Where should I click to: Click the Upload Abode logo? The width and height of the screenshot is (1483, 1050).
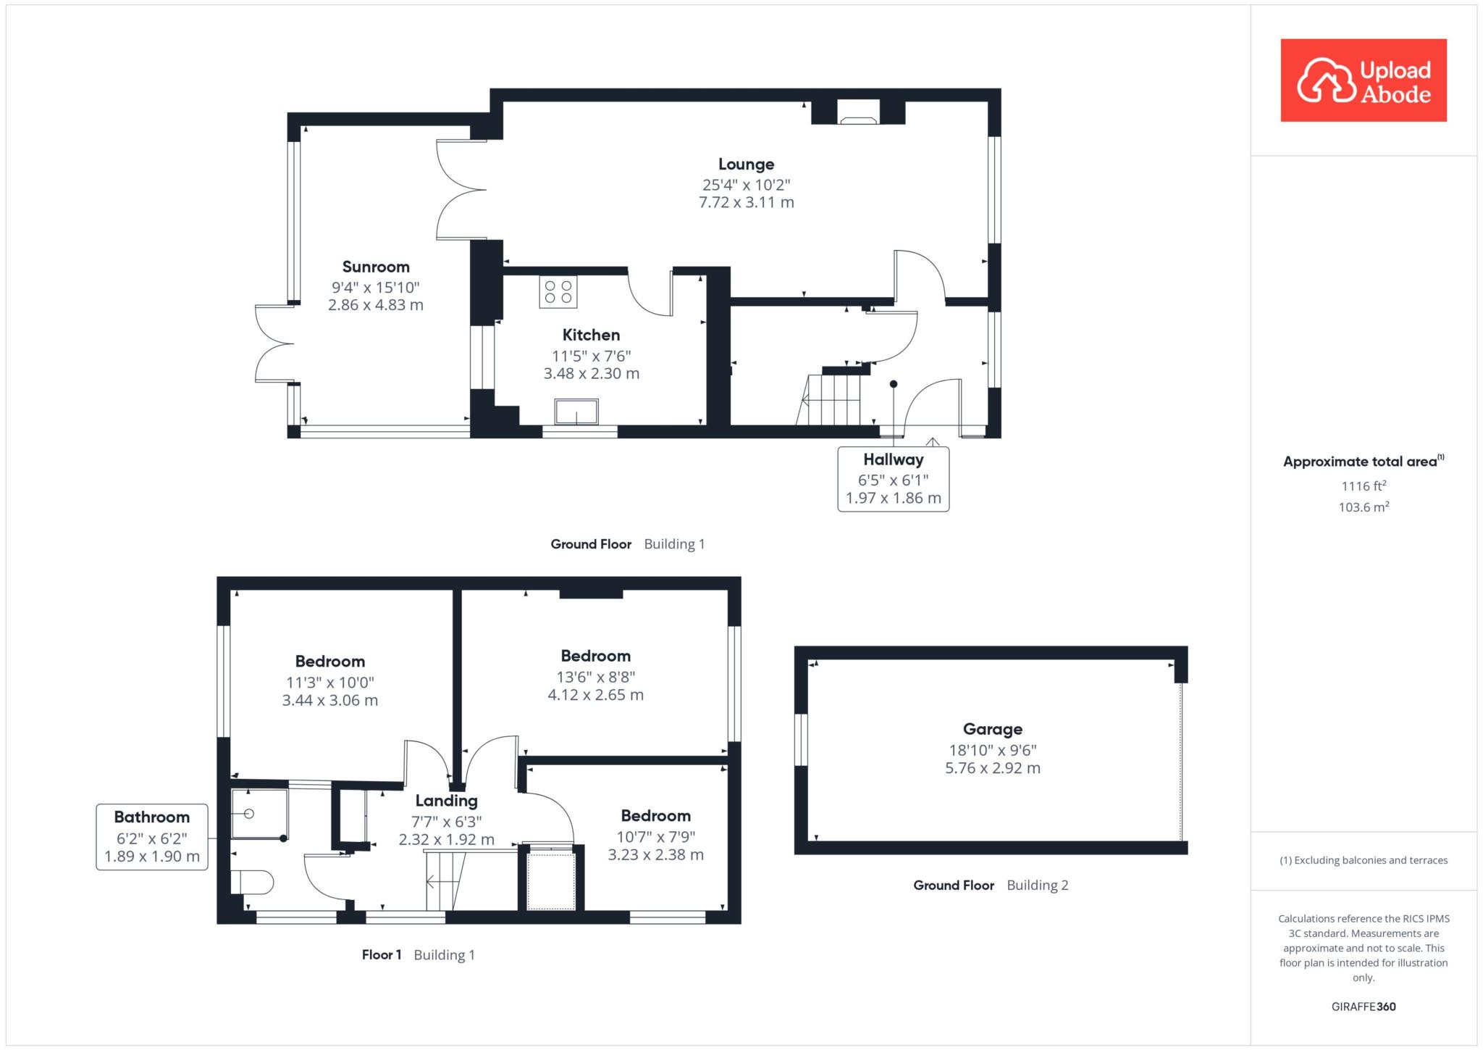(1364, 80)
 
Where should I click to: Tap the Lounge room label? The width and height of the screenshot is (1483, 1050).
(746, 164)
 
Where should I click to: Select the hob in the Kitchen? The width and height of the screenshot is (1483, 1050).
(558, 292)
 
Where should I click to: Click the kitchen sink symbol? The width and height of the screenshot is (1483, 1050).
(576, 412)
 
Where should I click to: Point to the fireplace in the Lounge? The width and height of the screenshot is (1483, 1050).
(858, 112)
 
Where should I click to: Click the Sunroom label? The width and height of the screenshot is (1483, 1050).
(376, 267)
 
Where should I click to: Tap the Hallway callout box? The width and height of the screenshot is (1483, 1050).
(893, 479)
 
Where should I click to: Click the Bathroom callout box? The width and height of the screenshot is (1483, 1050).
(152, 837)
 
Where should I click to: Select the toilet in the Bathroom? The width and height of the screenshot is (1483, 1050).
(252, 882)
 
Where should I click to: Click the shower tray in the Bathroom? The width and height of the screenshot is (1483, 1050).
(259, 814)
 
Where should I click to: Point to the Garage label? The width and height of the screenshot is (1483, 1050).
(992, 729)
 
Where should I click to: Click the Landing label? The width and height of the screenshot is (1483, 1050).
(446, 801)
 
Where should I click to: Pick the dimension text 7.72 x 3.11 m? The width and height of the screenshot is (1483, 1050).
(746, 202)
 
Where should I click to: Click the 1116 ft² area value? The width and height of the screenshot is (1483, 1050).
(1364, 486)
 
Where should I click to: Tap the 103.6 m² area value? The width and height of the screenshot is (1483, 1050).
(1364, 507)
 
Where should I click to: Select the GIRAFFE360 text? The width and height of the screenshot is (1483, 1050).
(1364, 1006)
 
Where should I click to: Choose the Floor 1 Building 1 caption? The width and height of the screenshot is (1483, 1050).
(418, 954)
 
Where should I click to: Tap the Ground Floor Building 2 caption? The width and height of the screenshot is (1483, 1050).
(991, 885)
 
